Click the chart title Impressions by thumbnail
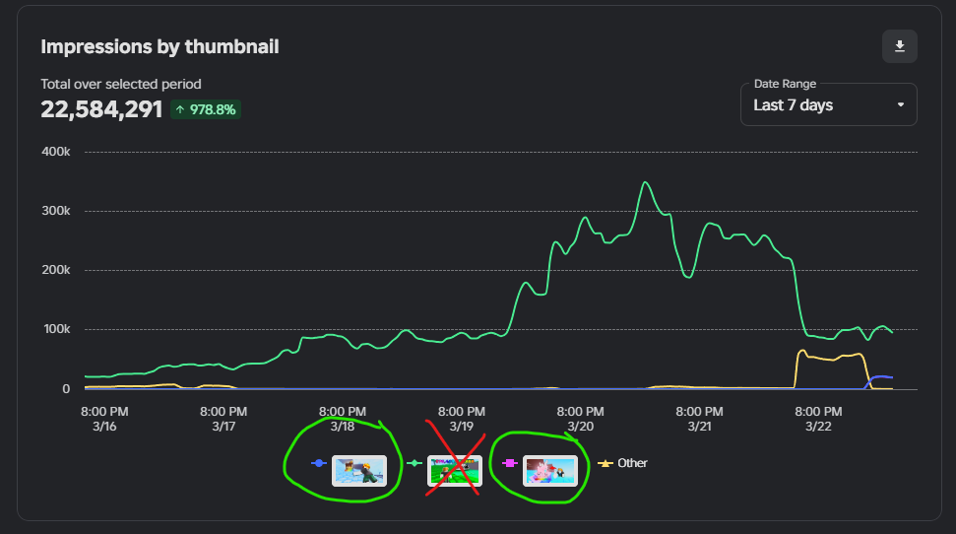click(159, 46)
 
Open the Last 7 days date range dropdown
click(828, 104)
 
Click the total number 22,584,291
click(101, 109)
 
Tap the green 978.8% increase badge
click(206, 109)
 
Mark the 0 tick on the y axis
click(66, 389)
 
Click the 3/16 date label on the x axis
click(104, 427)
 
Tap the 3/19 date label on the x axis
click(461, 427)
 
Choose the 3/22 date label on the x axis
click(818, 427)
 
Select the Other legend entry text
click(632, 463)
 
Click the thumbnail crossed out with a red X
click(454, 470)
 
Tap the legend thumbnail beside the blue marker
click(359, 470)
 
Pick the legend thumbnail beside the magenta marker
click(549, 470)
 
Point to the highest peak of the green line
click(645, 182)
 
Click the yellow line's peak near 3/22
click(802, 351)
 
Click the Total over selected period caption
click(120, 85)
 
